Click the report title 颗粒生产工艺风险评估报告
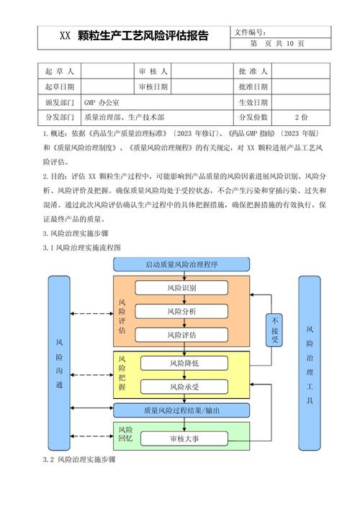[133, 37]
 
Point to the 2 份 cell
[301, 117]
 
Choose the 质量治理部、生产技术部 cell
[124, 117]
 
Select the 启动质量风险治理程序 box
[181, 264]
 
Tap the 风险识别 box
[181, 288]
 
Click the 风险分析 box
[181, 312]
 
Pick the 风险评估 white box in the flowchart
[181, 335]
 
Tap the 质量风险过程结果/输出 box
[181, 410]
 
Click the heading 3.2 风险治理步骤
[78, 459]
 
